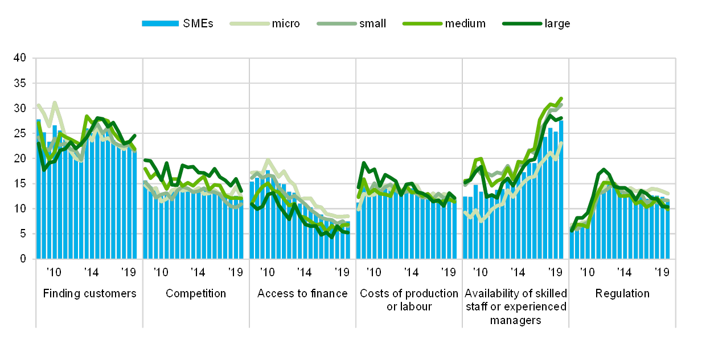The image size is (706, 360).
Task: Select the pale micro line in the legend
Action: coord(249,23)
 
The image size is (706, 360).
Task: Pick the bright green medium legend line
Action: coord(422,23)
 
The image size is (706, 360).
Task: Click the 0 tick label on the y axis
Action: coord(23,259)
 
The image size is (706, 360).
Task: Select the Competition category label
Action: coord(196,294)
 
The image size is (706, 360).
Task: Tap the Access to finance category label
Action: coord(302,294)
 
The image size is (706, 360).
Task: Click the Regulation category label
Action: coord(622,294)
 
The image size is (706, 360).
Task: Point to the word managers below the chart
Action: coord(515,320)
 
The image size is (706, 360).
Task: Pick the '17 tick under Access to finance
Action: coord(303,272)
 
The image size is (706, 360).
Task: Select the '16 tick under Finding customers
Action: coord(54,272)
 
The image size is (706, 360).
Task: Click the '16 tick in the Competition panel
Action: coord(161,272)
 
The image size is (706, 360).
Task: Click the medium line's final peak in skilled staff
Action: coord(561,98)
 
